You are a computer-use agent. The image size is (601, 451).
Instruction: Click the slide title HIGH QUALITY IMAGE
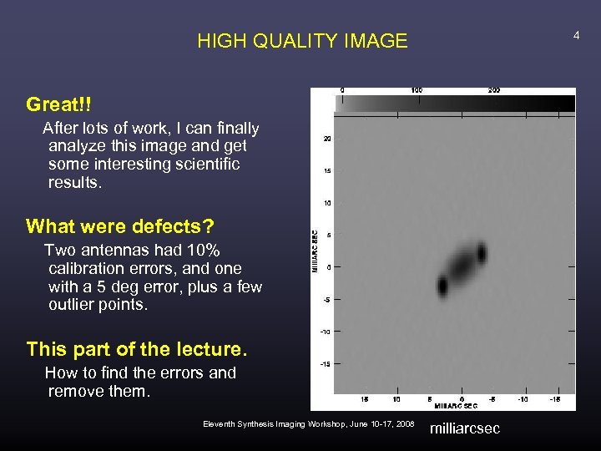(302, 41)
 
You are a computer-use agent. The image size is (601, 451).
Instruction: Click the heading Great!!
(58, 104)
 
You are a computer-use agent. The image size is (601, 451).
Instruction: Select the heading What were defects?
(119, 226)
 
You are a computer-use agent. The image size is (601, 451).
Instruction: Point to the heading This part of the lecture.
(137, 348)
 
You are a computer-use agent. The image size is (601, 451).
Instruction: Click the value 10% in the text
(202, 251)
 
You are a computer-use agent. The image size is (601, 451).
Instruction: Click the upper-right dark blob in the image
(481, 251)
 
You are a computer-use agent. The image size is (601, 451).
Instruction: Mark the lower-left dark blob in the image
(442, 286)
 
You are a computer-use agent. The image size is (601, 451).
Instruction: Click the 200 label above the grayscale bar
(494, 90)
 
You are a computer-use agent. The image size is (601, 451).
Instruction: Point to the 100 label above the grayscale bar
(417, 90)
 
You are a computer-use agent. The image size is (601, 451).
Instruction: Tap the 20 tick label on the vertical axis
(328, 139)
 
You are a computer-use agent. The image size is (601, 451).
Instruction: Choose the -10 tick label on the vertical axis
(326, 332)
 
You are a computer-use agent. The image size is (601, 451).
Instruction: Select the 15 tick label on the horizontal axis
(365, 399)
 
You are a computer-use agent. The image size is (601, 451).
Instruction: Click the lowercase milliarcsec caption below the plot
(464, 428)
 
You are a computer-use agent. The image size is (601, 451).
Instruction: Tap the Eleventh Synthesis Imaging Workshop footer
(308, 424)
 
